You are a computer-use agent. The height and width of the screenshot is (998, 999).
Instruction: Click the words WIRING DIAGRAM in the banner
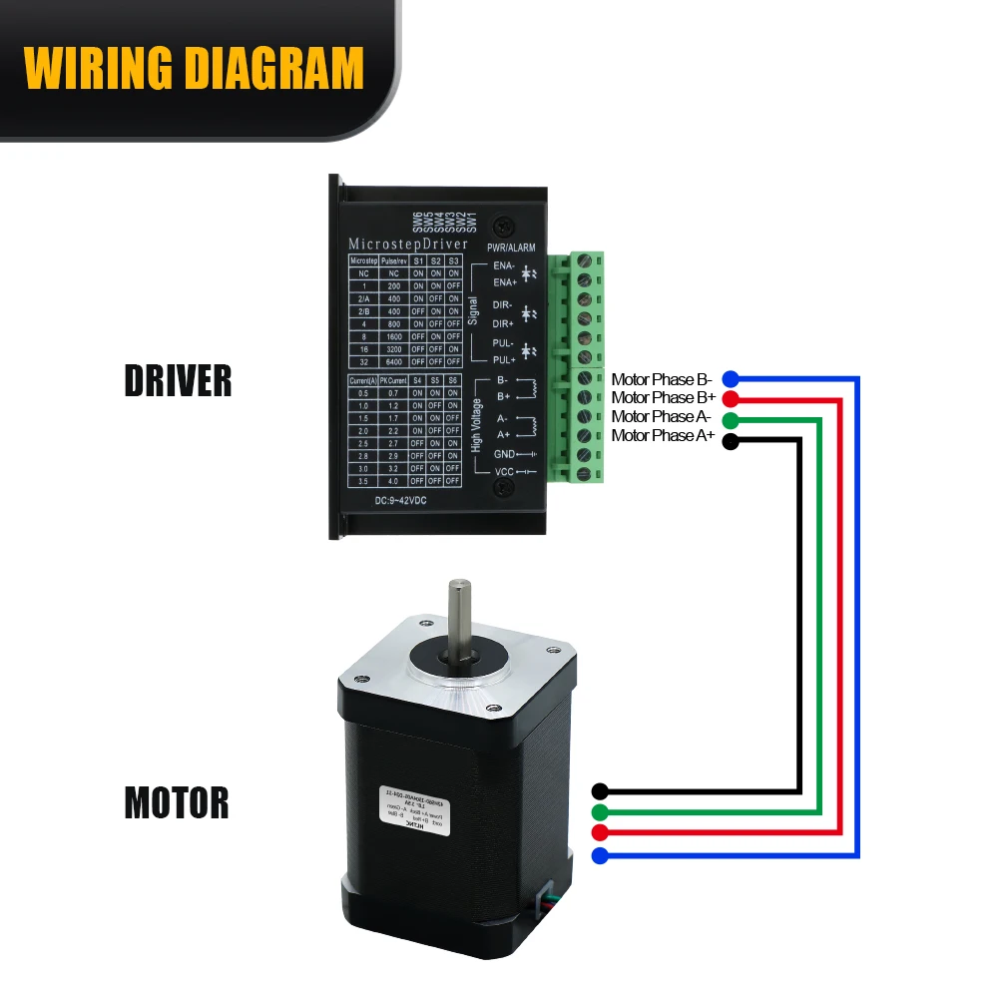(194, 67)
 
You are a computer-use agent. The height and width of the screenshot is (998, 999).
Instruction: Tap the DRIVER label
(178, 380)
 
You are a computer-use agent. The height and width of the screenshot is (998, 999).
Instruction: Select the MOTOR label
(177, 802)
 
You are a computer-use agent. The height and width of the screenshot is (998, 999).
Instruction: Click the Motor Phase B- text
(661, 379)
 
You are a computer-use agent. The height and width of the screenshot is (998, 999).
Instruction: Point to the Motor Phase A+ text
(661, 436)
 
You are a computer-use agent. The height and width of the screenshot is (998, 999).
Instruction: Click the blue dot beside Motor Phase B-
(731, 379)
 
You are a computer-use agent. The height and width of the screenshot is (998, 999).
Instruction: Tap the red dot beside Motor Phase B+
(731, 398)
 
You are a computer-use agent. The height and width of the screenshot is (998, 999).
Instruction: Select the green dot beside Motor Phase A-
(731, 418)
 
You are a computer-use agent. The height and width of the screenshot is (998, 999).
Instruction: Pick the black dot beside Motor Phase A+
(731, 440)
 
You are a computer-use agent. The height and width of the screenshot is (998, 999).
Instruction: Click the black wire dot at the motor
(600, 790)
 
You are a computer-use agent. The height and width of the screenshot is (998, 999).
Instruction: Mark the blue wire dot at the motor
(600, 855)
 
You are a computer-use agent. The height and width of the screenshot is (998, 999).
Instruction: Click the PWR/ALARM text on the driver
(511, 248)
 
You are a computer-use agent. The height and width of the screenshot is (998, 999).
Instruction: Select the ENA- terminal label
(505, 266)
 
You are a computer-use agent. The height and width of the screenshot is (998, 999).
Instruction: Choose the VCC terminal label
(505, 471)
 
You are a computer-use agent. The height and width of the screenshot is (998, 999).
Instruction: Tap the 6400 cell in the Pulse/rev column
(394, 361)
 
